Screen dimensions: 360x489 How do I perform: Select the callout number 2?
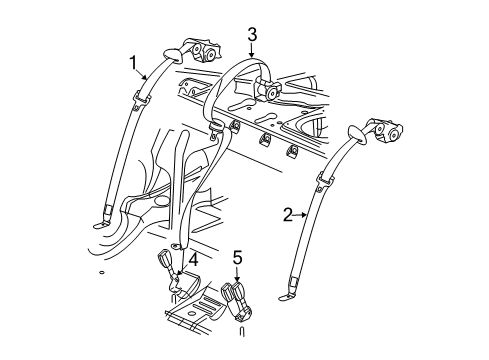pyautogui.click(x=286, y=213)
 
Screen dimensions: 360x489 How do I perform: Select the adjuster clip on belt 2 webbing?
pyautogui.click(x=323, y=182)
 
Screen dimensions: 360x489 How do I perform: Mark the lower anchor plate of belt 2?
pyautogui.click(x=290, y=291)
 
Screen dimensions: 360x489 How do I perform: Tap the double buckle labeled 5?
pyautogui.click(x=236, y=300)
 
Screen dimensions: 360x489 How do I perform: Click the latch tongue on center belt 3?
pyautogui.click(x=214, y=129)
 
